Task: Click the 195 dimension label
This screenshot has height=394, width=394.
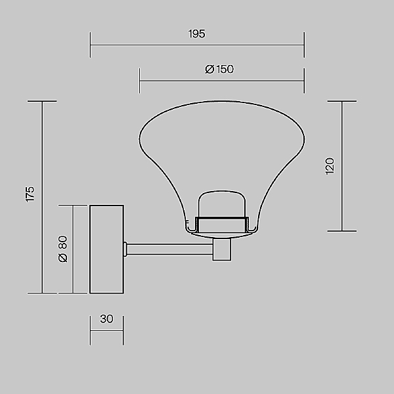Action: tap(197, 34)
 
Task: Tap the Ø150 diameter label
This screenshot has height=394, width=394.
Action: tap(219, 70)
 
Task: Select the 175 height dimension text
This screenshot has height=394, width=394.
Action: tap(30, 194)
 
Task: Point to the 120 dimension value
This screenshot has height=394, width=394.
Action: tap(330, 166)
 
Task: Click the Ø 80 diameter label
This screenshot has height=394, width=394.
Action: tap(63, 249)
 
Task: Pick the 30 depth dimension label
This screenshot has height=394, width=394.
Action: tap(107, 319)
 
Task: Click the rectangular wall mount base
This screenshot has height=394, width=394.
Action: tap(106, 250)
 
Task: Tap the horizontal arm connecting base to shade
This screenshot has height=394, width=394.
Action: tap(169, 250)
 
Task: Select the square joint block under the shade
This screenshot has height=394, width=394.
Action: tap(222, 250)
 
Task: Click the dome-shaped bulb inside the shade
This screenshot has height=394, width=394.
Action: tap(222, 204)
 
